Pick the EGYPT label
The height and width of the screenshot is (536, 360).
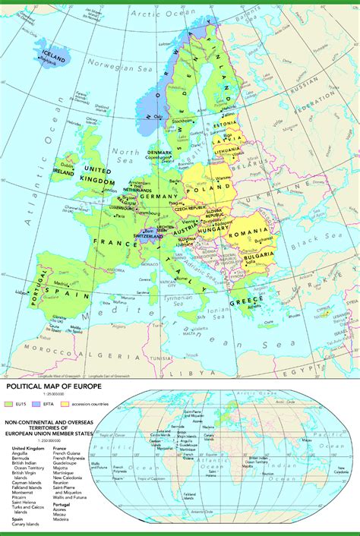(x=324, y=372)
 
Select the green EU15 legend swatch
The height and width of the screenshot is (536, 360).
(x=10, y=404)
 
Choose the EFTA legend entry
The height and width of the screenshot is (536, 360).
(x=58, y=404)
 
